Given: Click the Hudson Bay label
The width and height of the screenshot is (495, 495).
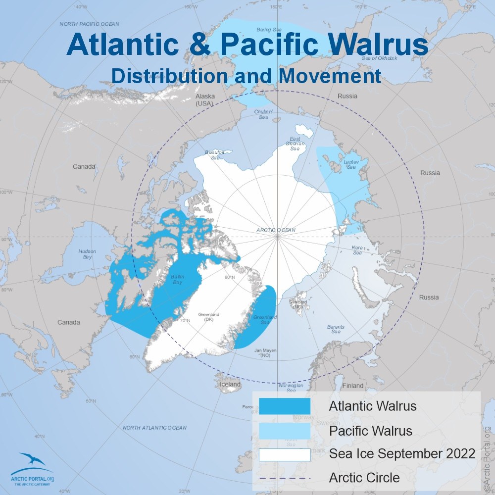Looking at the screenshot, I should click(x=87, y=254).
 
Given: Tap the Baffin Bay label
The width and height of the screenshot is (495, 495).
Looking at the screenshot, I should click(x=177, y=280).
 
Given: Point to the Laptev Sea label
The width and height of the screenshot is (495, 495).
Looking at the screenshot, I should click(x=350, y=164).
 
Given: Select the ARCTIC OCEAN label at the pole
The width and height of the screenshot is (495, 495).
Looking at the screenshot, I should click(x=276, y=230).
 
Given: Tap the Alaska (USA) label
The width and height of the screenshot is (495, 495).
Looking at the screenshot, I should click(x=204, y=99).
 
